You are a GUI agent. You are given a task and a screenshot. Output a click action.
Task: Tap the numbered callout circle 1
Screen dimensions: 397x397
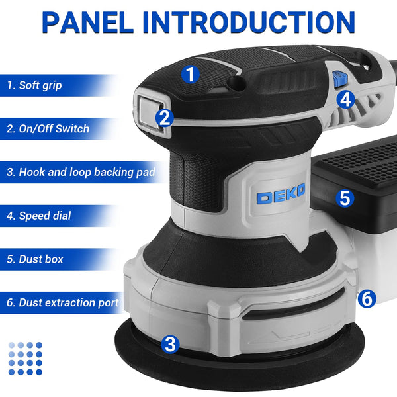[191, 74]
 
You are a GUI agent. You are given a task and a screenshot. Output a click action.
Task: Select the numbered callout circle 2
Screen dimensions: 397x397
[165, 118]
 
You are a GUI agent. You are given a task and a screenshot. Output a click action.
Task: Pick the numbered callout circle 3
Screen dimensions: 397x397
[171, 344]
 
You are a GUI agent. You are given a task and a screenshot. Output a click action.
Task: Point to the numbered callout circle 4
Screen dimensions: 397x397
[345, 99]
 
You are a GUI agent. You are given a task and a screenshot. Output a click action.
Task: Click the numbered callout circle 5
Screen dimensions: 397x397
[343, 198]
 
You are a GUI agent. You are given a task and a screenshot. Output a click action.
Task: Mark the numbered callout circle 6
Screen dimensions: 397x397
[368, 298]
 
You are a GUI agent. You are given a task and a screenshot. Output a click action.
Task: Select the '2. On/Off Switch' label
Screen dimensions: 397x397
[48, 129]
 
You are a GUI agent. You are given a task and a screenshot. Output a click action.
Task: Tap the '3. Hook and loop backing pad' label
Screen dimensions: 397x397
[81, 172]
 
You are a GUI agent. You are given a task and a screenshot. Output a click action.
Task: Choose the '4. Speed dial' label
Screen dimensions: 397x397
[38, 216]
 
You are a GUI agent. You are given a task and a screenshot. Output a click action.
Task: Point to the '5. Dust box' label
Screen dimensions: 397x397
[35, 259]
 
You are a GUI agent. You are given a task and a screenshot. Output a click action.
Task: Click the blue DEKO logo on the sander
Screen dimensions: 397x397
[281, 196]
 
